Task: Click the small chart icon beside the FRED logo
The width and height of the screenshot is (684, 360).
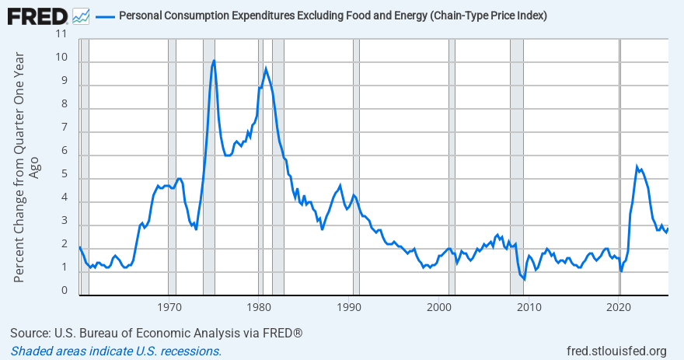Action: point(81,16)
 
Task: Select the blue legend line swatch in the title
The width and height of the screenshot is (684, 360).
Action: point(105,16)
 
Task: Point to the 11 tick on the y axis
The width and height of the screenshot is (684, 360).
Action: point(62,35)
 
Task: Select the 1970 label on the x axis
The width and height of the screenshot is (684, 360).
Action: point(169,307)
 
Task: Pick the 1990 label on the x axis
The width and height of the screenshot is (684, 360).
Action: point(350,307)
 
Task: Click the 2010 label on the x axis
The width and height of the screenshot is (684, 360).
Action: point(529,307)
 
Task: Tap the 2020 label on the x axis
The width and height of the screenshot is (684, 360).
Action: point(619,307)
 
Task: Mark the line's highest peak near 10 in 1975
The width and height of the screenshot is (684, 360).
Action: point(214,61)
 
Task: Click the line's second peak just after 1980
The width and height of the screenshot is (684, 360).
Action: point(266,68)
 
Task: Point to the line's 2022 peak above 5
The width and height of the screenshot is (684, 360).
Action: point(637,166)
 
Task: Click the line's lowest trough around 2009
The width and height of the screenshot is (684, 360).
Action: point(525,279)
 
